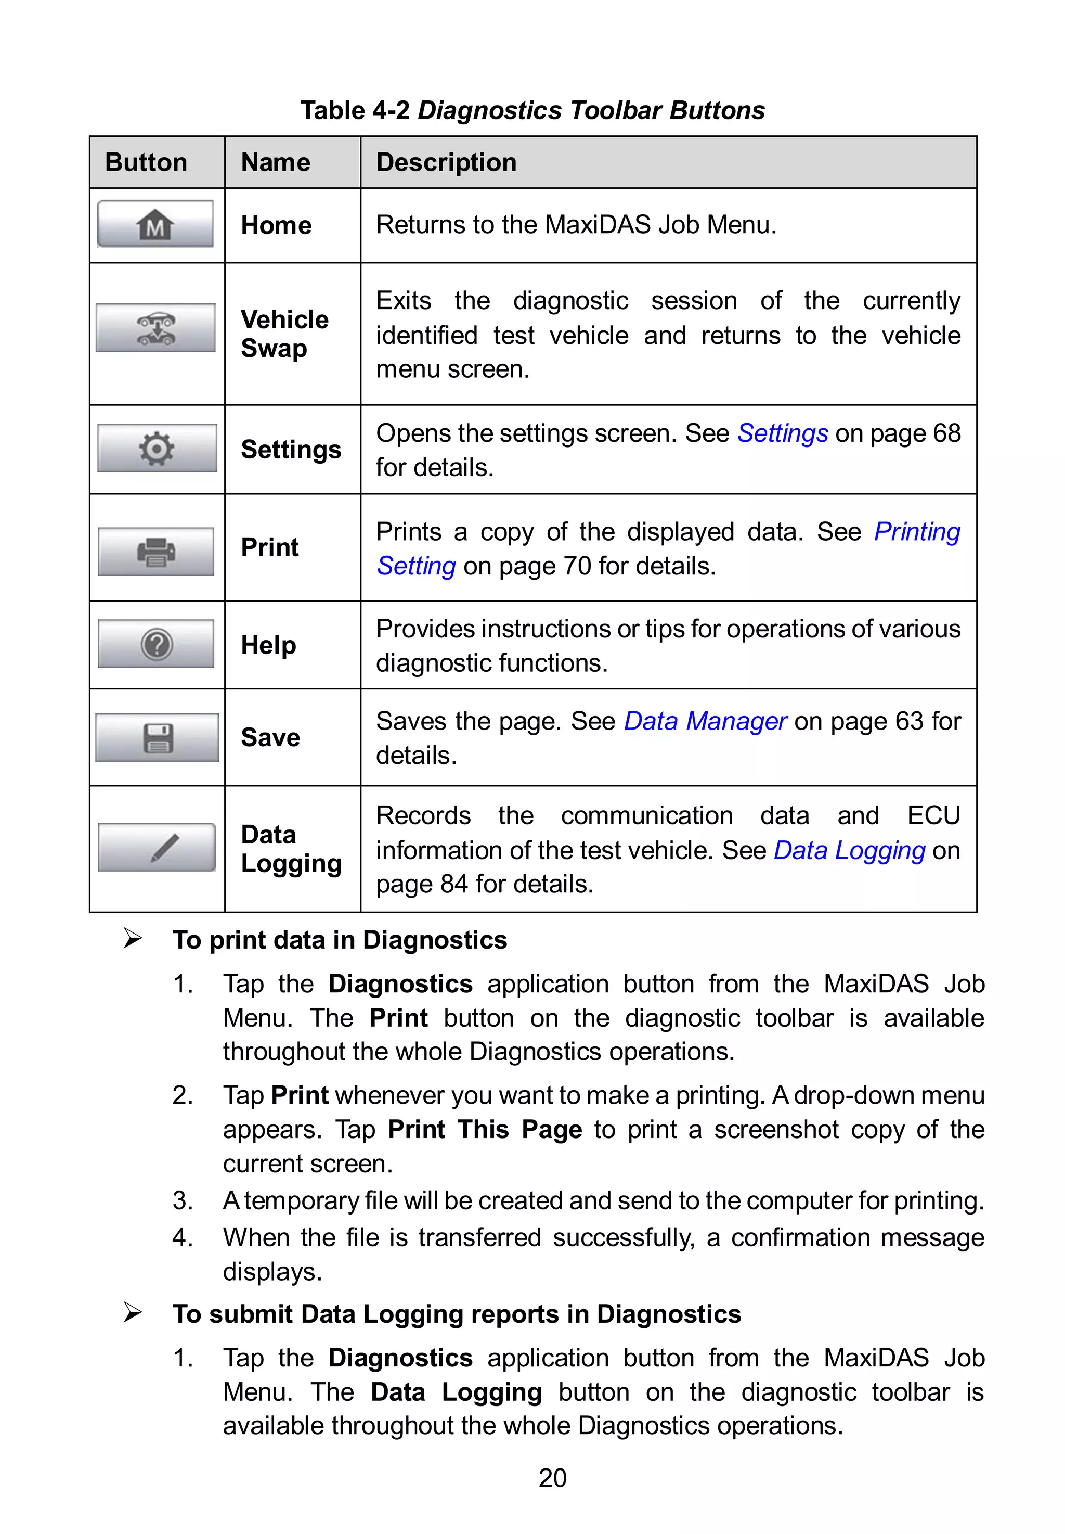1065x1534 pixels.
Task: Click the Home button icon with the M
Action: [155, 224]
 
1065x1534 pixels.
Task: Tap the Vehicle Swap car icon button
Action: [155, 328]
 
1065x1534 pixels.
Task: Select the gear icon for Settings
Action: [157, 448]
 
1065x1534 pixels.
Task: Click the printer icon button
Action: [156, 552]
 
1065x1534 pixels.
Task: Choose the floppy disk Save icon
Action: [158, 738]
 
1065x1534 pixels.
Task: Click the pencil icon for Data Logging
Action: [158, 847]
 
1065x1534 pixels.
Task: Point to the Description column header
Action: [446, 162]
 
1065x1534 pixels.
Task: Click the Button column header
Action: [146, 162]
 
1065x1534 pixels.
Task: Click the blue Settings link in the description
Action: [782, 433]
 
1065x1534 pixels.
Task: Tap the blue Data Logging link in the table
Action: [849, 850]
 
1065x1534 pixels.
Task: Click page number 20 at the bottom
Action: [552, 1478]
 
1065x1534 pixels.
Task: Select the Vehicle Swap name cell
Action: [284, 334]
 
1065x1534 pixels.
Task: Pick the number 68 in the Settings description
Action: [946, 433]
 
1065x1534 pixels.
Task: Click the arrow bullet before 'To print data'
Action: [133, 939]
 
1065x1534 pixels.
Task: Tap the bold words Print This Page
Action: [485, 1130]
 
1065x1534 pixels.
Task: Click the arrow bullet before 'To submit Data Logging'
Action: [133, 1312]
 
